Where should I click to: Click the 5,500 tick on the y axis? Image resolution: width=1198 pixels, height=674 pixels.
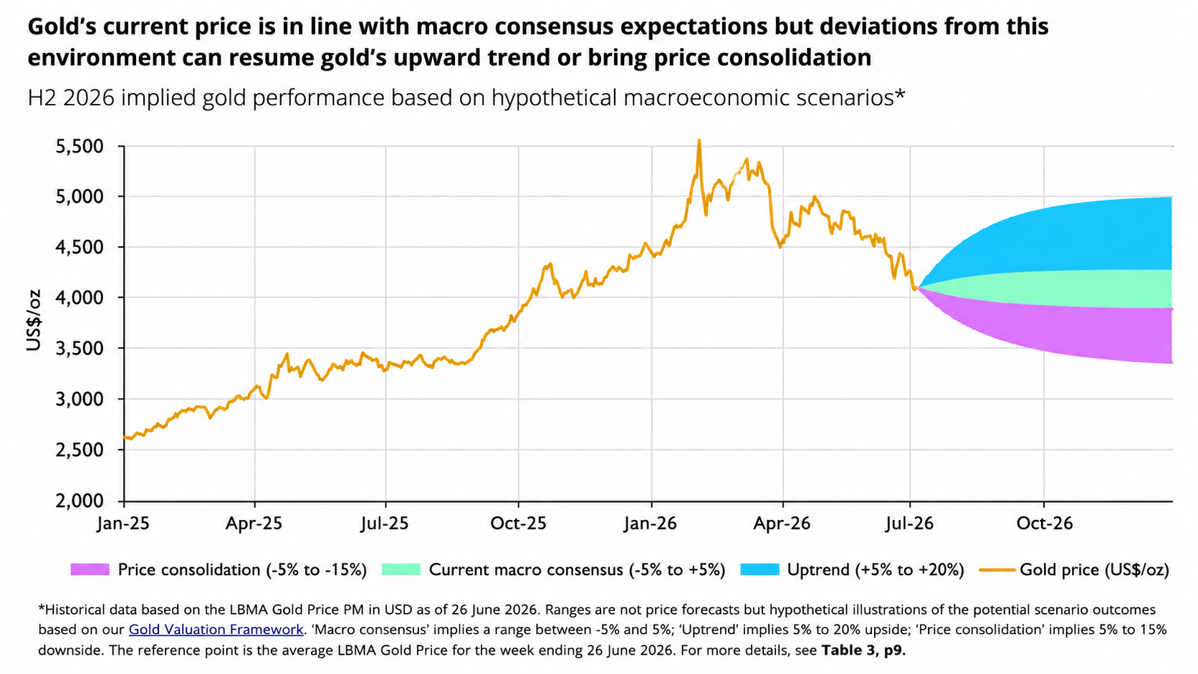[x=80, y=146]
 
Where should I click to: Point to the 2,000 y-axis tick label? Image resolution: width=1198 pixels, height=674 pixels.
[x=80, y=501]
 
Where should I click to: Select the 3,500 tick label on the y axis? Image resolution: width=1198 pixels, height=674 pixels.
[x=80, y=349]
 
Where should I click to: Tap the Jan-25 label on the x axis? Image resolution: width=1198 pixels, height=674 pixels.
[x=123, y=523]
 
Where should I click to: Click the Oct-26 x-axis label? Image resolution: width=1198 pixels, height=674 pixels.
[x=1045, y=523]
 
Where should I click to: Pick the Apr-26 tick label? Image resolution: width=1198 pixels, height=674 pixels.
[x=782, y=523]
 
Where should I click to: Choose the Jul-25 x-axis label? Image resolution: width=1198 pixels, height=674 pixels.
[x=385, y=523]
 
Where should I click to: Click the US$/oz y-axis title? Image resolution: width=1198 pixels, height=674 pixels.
[x=34, y=320]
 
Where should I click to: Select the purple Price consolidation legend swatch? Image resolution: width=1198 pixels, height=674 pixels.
[x=90, y=569]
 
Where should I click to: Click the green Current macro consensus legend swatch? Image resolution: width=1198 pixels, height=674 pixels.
[x=401, y=569]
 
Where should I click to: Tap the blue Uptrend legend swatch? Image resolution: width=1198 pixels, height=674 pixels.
[x=759, y=569]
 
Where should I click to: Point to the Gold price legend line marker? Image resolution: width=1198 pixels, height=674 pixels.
[x=997, y=569]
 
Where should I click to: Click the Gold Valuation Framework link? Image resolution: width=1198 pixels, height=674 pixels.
[x=216, y=630]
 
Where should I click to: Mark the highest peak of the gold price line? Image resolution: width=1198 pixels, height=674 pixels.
[x=699, y=140]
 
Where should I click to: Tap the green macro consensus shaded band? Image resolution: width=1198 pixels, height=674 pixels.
[x=1096, y=289]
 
